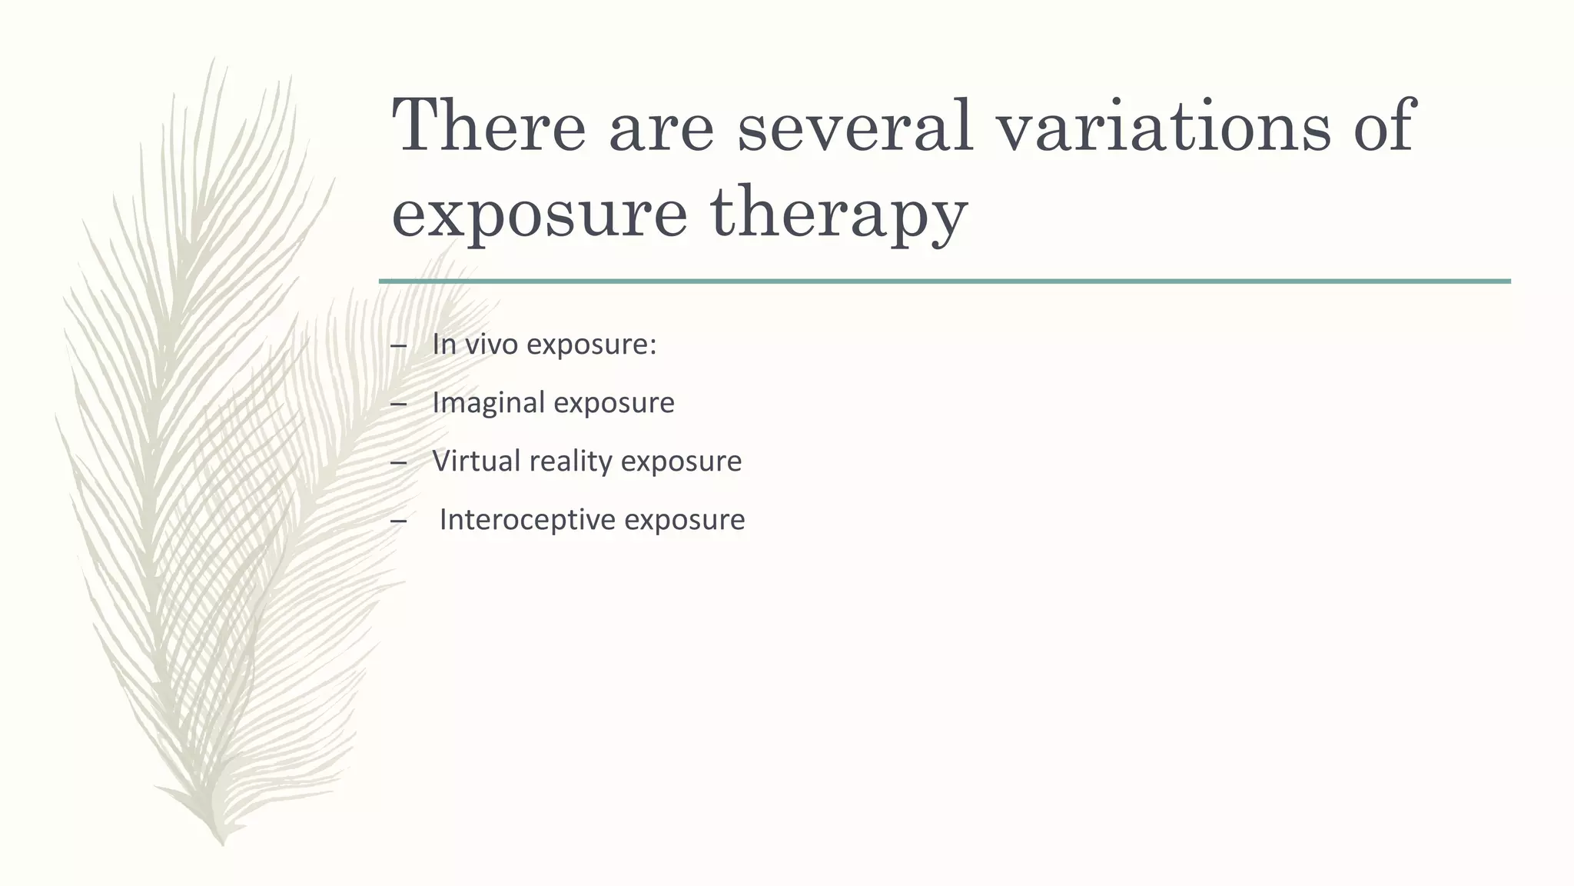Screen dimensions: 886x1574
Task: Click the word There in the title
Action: click(x=489, y=127)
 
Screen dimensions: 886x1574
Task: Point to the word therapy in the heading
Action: click(x=838, y=214)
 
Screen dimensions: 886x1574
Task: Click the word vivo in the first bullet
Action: click(x=493, y=345)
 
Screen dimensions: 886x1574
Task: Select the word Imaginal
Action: click(x=488, y=403)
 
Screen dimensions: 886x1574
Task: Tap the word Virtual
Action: click(x=477, y=461)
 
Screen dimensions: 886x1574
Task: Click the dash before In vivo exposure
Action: click(x=398, y=346)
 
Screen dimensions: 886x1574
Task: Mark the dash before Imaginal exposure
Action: click(x=398, y=405)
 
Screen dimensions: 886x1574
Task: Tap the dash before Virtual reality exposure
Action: click(x=398, y=463)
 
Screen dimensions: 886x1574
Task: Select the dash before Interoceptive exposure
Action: click(x=398, y=521)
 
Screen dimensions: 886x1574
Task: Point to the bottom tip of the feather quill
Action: click(x=222, y=843)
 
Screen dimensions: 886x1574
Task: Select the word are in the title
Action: click(x=661, y=127)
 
